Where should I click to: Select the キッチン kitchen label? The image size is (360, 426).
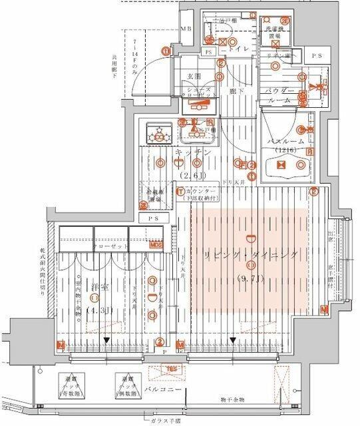tap(194, 152)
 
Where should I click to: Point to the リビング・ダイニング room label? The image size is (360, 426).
tap(252, 256)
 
